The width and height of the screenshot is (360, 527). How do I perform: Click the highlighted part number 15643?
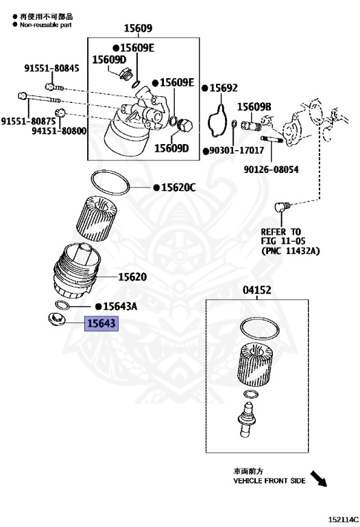101,323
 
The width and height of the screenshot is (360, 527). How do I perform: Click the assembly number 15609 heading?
138,28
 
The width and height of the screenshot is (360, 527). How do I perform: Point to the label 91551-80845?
51,68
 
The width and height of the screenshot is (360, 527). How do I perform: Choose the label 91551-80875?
29,121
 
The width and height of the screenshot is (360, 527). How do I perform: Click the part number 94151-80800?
59,130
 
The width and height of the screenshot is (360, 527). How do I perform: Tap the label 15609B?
254,107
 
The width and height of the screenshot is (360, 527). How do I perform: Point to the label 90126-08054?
271,169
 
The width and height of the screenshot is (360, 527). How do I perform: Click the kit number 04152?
257,290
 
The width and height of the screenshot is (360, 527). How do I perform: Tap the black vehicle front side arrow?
318,478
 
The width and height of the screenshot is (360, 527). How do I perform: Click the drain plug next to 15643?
55,319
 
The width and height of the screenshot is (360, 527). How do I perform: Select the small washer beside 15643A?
62,305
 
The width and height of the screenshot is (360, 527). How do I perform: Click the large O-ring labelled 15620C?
110,182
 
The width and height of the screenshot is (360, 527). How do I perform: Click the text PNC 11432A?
291,250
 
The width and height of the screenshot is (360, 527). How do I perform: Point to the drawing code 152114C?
344,519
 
